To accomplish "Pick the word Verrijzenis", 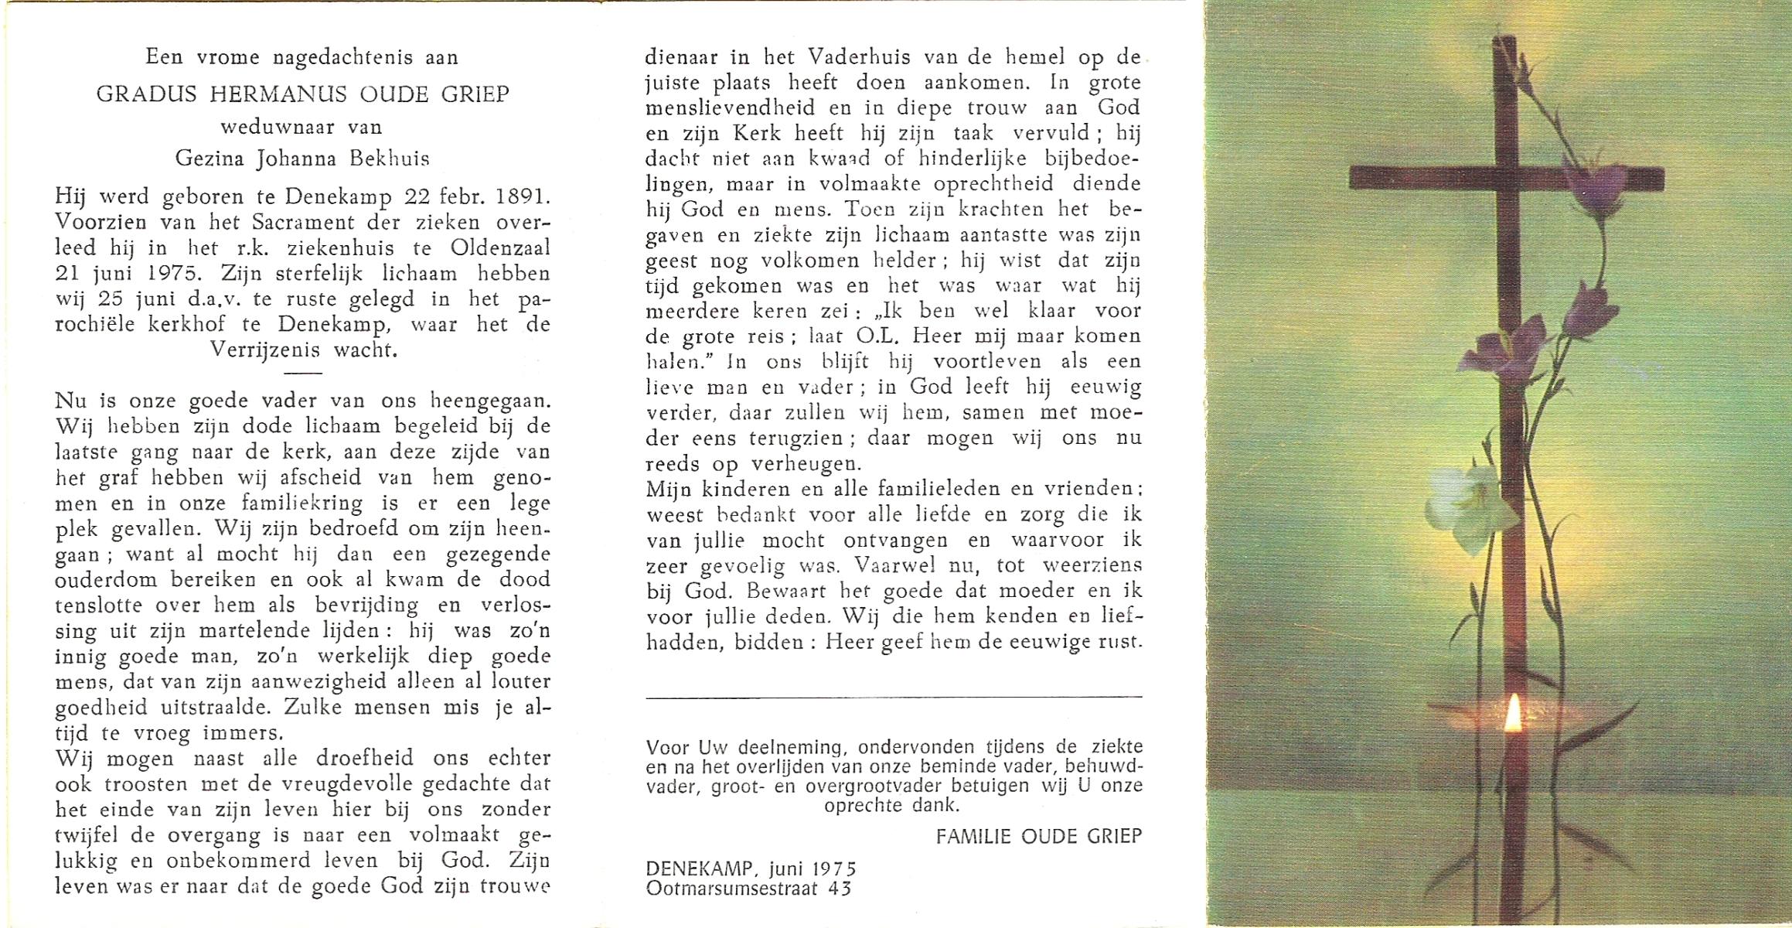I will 265,350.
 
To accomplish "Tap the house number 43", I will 840,888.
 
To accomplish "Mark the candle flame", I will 1513,714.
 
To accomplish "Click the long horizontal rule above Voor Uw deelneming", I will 893,698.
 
